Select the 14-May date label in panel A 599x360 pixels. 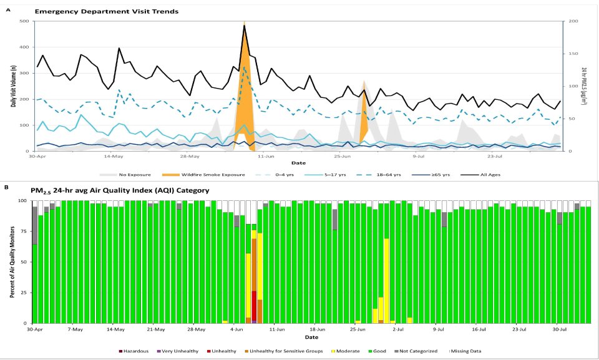point(113,157)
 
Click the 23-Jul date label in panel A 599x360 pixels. point(495,157)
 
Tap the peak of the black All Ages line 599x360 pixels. point(245,25)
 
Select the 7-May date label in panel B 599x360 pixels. point(75,329)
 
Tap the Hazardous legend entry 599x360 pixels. point(134,351)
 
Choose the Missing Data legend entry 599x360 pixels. point(469,351)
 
